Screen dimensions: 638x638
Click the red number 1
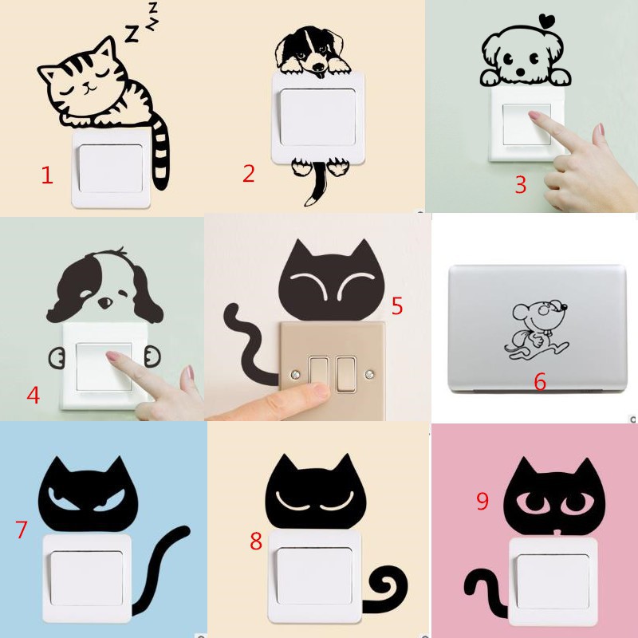coord(47,175)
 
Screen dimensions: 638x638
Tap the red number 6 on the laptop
coord(540,382)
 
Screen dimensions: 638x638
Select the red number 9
coord(482,501)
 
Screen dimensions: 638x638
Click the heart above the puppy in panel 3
coord(547,19)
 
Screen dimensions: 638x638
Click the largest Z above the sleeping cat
coord(132,33)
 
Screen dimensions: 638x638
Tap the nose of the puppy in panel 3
coord(521,72)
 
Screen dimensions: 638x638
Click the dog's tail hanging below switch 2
coord(317,184)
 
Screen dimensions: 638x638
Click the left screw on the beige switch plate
coord(294,373)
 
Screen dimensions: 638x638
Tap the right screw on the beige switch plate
coord(369,373)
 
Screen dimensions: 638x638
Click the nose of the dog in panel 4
coord(104,302)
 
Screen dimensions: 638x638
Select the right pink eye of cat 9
coord(575,503)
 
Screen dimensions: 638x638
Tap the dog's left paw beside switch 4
coord(56,358)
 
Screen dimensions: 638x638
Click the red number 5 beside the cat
coord(397,305)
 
